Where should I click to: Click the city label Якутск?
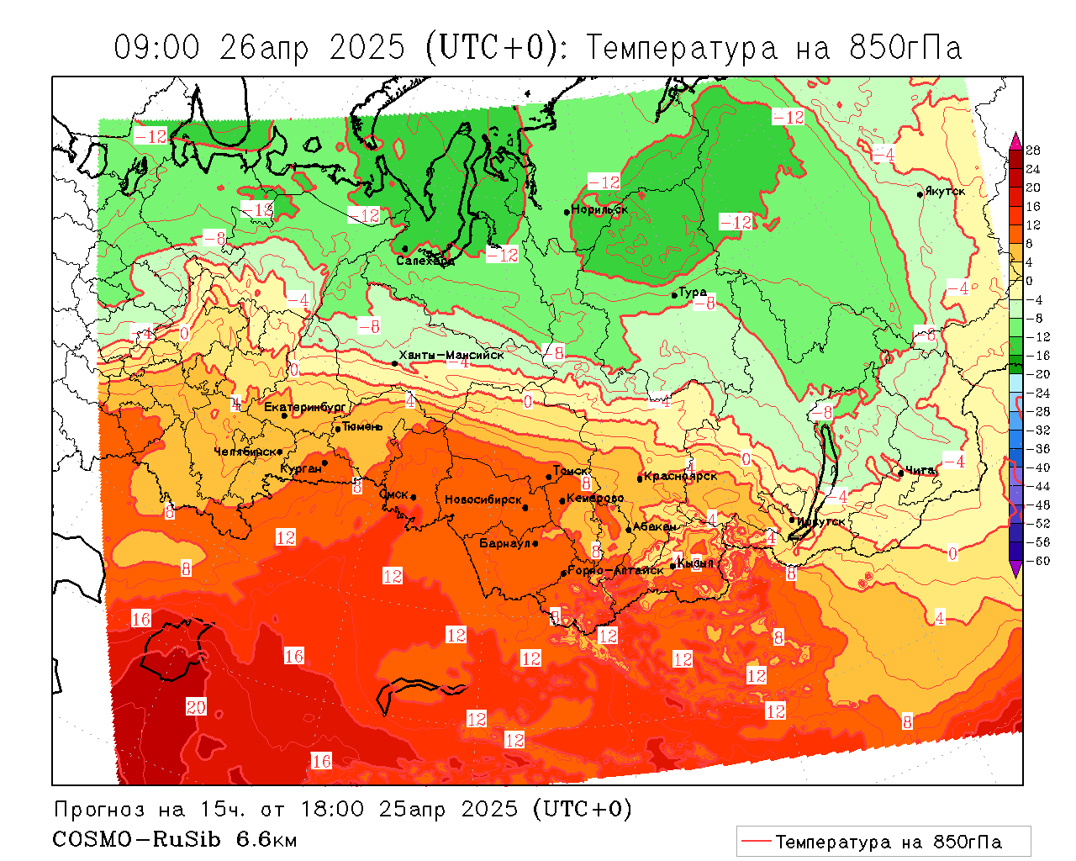point(945,192)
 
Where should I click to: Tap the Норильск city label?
point(599,209)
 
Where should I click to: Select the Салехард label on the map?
point(425,261)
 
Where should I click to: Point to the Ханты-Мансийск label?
point(451,355)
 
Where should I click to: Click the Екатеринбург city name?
point(304,407)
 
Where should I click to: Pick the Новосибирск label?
point(483,499)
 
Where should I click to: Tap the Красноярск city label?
point(681,476)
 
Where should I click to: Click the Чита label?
point(920,470)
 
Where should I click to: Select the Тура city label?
point(693,292)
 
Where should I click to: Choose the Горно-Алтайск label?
point(615,570)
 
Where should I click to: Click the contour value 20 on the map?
point(196,707)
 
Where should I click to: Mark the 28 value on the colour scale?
point(1033,151)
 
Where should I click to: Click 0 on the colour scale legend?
point(1029,281)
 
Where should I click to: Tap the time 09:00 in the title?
point(157,48)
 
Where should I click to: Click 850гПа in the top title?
point(905,48)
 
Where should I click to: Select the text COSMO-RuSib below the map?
point(137,839)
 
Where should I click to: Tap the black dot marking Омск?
point(413,498)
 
